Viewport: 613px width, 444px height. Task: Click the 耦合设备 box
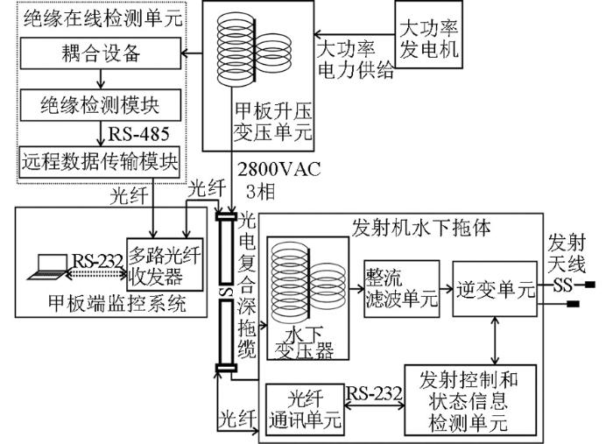pos(101,53)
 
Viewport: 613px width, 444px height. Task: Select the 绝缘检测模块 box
pos(101,105)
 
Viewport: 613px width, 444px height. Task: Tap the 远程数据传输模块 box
pos(99,162)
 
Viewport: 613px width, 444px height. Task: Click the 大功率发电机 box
pos(429,34)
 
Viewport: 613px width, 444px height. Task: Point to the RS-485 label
pos(138,134)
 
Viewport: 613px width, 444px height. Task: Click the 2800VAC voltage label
pos(279,169)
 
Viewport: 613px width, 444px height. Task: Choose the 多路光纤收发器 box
pos(165,264)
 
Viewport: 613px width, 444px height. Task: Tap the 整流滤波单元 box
pos(402,288)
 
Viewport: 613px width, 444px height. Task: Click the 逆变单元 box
pos(495,289)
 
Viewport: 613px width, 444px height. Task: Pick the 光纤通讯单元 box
pos(305,410)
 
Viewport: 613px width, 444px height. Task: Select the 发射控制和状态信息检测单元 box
pos(471,400)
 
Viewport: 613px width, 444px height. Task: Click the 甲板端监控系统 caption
pos(116,303)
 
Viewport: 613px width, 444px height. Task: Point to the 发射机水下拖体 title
pos(421,227)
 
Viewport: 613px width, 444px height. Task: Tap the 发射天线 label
pos(567,253)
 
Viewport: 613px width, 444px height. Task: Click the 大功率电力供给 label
pos(355,60)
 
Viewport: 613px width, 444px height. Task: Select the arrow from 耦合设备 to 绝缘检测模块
pos(101,80)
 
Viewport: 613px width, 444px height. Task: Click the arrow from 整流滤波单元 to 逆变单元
pos(446,289)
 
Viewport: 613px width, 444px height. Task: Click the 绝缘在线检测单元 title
pos(102,19)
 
